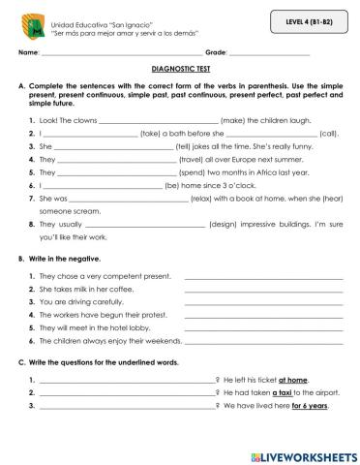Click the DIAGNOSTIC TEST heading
pos(179,70)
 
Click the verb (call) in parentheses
pos(328,133)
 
